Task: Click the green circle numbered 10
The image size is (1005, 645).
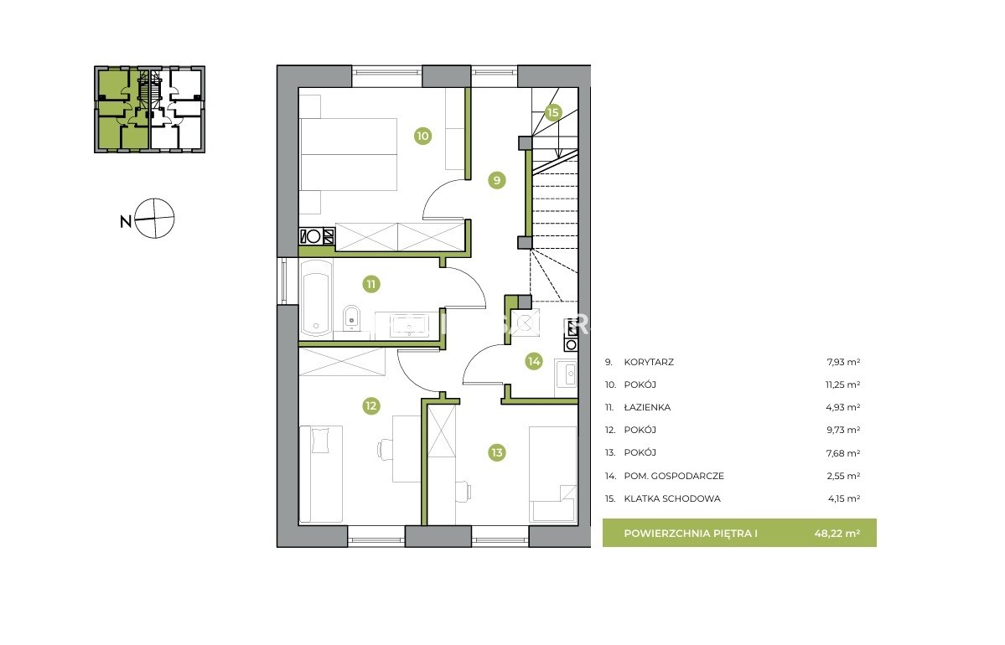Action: point(422,136)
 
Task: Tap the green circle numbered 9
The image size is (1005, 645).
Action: point(497,180)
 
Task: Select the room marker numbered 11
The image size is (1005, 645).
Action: point(371,284)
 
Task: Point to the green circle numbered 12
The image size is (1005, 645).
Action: point(371,405)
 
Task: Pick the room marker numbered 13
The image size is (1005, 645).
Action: point(497,452)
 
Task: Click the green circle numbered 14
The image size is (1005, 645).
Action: point(534,361)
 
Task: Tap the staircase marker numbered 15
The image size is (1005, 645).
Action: point(553,112)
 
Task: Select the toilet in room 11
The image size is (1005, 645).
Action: point(351,317)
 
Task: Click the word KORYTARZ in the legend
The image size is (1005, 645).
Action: point(649,362)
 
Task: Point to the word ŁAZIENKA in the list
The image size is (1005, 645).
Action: point(647,407)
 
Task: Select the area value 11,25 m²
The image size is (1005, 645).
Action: point(843,385)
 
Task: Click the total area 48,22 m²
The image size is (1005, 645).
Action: point(837,533)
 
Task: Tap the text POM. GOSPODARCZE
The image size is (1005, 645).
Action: point(674,476)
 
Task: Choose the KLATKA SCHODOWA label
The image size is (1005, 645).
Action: point(672,498)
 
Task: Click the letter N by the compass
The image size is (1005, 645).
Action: point(126,222)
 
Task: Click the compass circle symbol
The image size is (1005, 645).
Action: point(154,219)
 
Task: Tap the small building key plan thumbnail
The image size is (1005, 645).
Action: point(149,109)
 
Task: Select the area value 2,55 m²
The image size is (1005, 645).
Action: point(843,476)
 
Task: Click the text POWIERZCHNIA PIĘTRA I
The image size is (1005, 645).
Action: point(691,533)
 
